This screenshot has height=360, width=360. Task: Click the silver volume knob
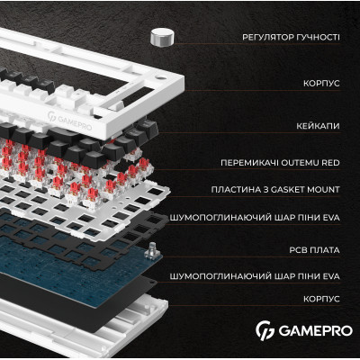coord(161,37)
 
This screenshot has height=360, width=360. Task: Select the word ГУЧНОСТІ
coord(320,38)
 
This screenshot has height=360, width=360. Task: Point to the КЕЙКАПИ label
coord(318,125)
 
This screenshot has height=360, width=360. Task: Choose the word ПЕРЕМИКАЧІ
coord(249,163)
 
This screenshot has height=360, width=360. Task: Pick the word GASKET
coord(294,190)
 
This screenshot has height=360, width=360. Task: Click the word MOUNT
coord(326,190)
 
